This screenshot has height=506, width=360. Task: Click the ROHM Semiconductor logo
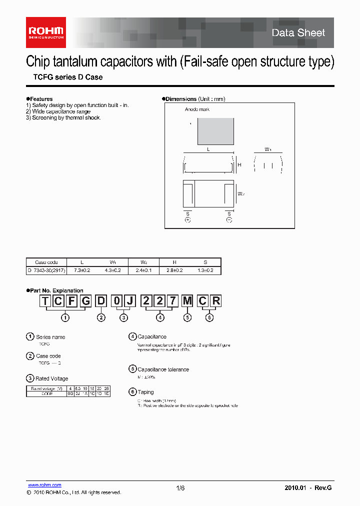pyautogui.click(x=46, y=32)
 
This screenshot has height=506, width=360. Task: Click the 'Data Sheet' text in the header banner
pyautogui.click(x=298, y=33)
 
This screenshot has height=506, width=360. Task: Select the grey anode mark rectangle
pyautogui.click(x=216, y=131)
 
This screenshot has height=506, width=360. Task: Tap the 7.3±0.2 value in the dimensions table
pyautogui.click(x=82, y=270)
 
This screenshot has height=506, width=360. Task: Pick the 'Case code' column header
pyautogui.click(x=46, y=262)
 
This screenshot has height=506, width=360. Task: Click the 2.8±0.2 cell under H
pyautogui.click(x=174, y=270)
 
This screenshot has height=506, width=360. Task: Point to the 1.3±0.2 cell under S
pyautogui.click(x=205, y=270)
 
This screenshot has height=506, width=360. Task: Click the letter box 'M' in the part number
pyautogui.click(x=187, y=301)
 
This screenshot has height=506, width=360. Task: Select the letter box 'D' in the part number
pyautogui.click(x=101, y=301)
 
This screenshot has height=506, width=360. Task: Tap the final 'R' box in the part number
pyautogui.click(x=216, y=301)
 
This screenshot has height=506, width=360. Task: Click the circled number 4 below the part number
pyautogui.click(x=160, y=317)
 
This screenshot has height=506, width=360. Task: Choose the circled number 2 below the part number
pyautogui.click(x=101, y=317)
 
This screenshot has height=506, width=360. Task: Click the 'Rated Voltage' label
pyautogui.click(x=52, y=378)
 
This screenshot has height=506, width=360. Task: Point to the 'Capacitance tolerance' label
pyautogui.click(x=163, y=369)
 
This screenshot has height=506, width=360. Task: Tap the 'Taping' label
pyautogui.click(x=146, y=392)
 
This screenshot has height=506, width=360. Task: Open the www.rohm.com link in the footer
pyautogui.click(x=44, y=485)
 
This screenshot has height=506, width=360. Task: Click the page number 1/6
pyautogui.click(x=180, y=488)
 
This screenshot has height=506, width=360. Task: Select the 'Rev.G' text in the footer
pyautogui.click(x=323, y=488)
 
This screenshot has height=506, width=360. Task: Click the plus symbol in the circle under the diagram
pyautogui.click(x=188, y=219)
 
